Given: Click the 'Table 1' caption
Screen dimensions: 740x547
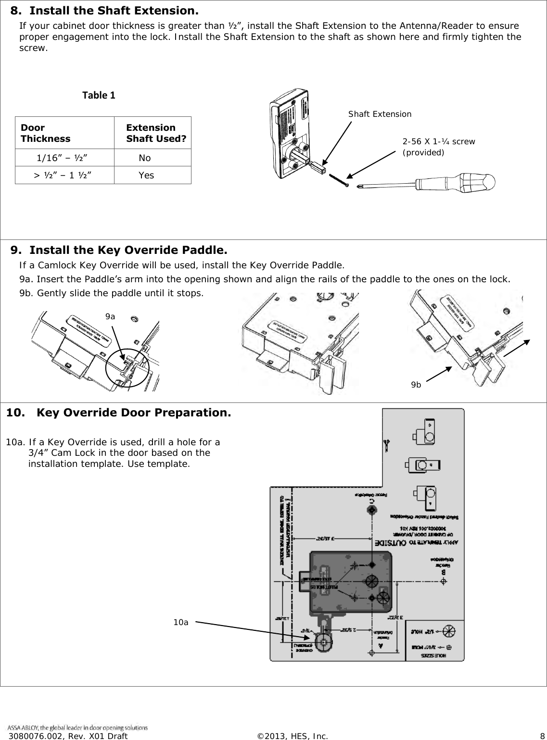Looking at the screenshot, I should (99, 95).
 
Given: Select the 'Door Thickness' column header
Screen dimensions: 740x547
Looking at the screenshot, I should (45, 133).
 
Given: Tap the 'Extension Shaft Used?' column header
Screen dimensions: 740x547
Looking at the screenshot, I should (156, 133).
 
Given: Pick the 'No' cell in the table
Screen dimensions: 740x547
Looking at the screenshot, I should (144, 158).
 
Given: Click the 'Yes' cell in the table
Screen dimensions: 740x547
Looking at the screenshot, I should (146, 176).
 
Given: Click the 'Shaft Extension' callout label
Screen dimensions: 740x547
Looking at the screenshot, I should (380, 114).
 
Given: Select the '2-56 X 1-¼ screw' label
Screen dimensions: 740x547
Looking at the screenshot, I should (438, 141).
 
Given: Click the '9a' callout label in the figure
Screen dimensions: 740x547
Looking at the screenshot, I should (110, 316).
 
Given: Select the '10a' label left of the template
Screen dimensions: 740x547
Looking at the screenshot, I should (181, 622).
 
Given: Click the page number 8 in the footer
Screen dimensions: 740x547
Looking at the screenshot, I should (542, 736).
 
